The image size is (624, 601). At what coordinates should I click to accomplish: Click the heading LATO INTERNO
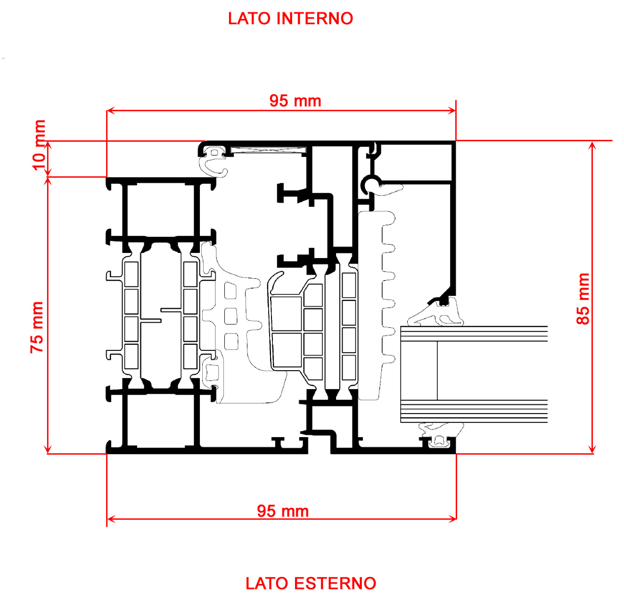tap(290, 18)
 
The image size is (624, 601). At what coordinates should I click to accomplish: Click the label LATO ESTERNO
tap(311, 583)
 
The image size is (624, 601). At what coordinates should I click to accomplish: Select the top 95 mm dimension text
tap(295, 100)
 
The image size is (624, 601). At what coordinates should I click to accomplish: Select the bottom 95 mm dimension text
tap(283, 511)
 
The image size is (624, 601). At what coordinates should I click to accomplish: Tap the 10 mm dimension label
tap(39, 145)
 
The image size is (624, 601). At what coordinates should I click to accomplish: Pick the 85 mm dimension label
tap(583, 299)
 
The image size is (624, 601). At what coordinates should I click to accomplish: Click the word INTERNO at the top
tap(315, 18)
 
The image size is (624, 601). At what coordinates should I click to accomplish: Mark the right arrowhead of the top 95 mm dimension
tap(453, 111)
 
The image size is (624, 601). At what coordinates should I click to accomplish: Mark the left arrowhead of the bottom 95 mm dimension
tap(110, 519)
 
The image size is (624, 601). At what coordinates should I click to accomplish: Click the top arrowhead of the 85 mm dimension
tap(593, 144)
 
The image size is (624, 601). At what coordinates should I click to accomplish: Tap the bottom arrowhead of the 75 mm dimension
tap(48, 450)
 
